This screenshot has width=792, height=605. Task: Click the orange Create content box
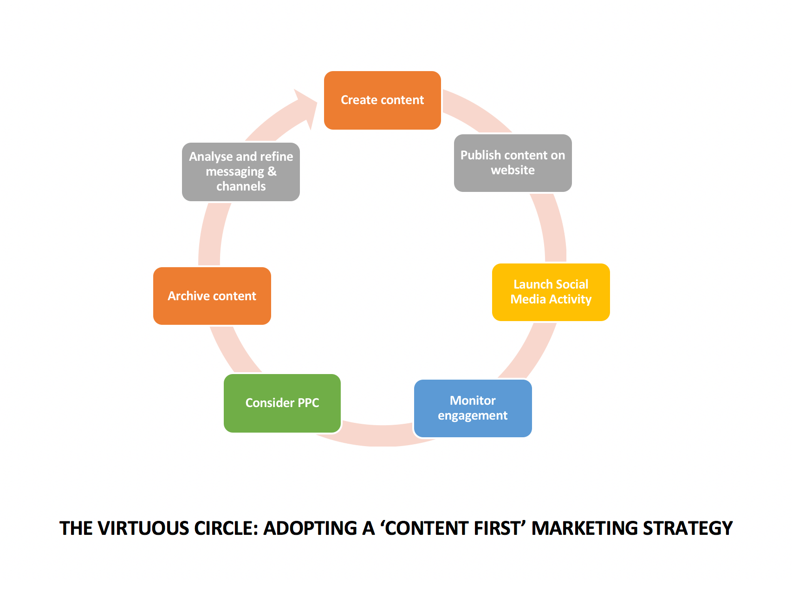pos(382,100)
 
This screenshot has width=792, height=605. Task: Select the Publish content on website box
pos(513,163)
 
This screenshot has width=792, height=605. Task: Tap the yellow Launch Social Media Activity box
pos(551,292)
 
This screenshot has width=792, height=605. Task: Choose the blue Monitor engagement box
pos(473,408)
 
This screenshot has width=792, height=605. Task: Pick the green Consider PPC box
pos(282,403)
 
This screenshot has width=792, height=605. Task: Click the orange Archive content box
pos(212,296)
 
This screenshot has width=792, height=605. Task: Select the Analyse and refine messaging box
pos(240,172)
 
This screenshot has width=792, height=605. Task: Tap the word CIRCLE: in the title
pos(226,528)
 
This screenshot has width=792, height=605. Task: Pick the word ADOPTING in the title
pos(311,528)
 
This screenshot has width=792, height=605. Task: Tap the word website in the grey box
pos(513,171)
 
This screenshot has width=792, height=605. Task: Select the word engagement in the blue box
pos(473,416)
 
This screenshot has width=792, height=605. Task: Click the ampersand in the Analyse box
pos(272,171)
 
